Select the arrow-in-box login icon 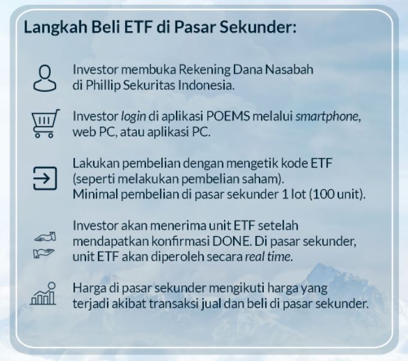point(44,178)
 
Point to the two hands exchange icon point(44,244)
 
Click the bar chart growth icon point(43,294)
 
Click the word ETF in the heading point(138,27)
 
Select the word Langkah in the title point(55,28)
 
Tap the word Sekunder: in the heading point(258,27)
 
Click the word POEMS point(228,117)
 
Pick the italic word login point(133,117)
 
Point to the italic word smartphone point(327,117)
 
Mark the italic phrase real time point(268,256)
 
